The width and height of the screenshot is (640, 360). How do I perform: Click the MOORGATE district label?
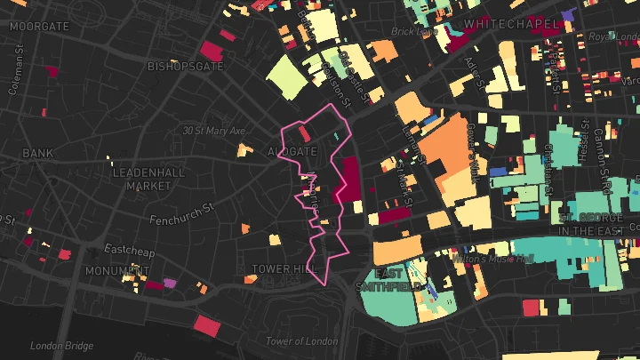point(38,27)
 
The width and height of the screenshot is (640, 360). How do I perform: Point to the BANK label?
point(38,154)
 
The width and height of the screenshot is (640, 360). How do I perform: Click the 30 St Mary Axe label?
point(213,131)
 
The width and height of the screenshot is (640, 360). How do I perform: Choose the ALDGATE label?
point(292,152)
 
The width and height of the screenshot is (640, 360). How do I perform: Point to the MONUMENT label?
point(117,270)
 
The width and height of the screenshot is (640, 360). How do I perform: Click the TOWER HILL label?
point(284,268)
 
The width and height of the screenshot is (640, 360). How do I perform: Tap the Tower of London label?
point(303,341)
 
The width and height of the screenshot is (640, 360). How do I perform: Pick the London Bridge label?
point(61,346)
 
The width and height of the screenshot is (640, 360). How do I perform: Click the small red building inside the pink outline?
point(305,133)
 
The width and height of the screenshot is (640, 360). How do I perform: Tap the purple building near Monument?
point(170,284)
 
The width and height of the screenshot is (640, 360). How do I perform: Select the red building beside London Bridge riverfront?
point(205,325)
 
